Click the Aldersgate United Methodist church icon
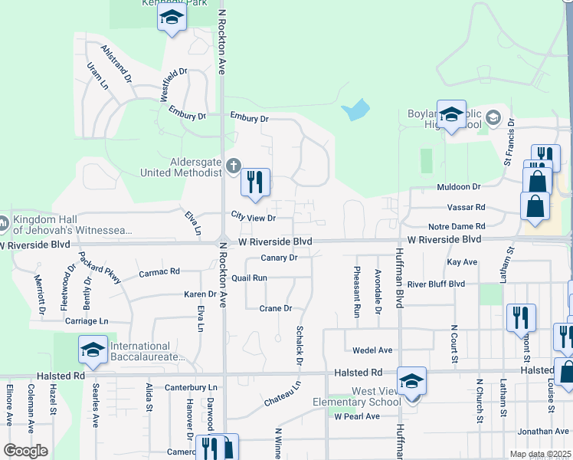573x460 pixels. [x=234, y=166]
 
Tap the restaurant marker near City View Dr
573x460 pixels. [x=256, y=182]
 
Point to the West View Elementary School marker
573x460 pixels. [x=411, y=380]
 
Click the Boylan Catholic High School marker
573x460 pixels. [x=451, y=114]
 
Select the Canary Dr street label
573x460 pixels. [x=278, y=258]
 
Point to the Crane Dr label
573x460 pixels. [x=276, y=308]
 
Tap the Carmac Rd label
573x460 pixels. [x=159, y=272]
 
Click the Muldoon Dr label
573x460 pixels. [x=458, y=186]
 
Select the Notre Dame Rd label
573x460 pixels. [x=457, y=226]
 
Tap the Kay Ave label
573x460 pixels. [x=462, y=262]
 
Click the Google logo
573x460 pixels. [x=25, y=451]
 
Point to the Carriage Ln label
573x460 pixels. [x=87, y=321]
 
